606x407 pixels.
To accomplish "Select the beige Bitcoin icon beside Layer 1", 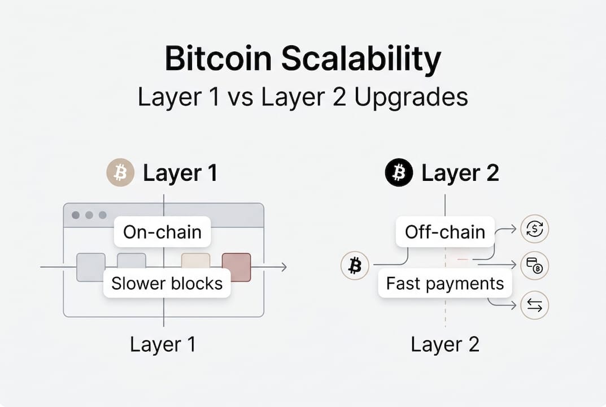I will coord(120,173).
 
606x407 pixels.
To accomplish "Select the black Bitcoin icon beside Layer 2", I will coord(399,173).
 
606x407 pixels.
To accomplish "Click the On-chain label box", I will coord(162,232).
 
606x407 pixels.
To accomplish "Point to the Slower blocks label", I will coord(167,283).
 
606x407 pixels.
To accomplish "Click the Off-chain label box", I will coord(445,232).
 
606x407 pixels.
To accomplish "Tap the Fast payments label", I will coord(444,283).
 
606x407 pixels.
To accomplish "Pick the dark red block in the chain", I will coord(236,267).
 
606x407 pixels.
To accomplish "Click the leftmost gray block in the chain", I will coord(91,267).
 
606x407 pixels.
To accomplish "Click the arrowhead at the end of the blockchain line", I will coord(283,267).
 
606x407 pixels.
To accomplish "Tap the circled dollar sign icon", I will coord(534,228).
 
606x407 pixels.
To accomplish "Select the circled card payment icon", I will coord(534,266).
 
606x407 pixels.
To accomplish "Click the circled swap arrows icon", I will coord(534,305).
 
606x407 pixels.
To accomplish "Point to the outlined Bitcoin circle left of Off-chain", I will coord(355,265).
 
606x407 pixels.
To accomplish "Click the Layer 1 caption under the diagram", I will coord(163,344).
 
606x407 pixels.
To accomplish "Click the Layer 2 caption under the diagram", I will coord(444,344).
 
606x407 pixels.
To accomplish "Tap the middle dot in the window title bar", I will coord(89,215).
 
